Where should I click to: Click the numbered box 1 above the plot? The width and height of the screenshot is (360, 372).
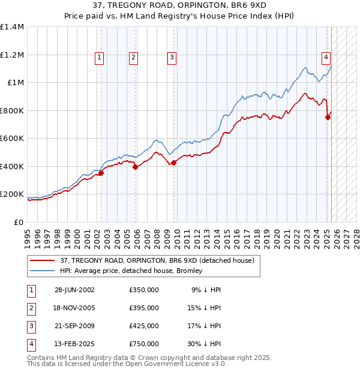[x=99, y=58]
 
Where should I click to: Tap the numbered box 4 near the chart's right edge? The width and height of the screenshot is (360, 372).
[x=326, y=58]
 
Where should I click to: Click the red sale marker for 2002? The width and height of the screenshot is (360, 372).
[x=101, y=173]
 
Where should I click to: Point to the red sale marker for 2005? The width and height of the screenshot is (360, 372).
[x=135, y=167]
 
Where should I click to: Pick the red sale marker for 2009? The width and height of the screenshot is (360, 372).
[x=173, y=163]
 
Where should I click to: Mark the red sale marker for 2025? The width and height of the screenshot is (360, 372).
[x=328, y=118]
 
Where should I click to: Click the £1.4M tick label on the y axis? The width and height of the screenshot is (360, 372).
[x=12, y=27]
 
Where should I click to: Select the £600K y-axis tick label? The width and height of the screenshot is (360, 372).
[x=12, y=139]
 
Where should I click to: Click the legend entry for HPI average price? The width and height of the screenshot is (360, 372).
[x=131, y=271]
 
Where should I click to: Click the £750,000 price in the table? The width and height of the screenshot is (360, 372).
[x=144, y=344]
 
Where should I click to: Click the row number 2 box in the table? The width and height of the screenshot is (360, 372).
[x=30, y=308]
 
